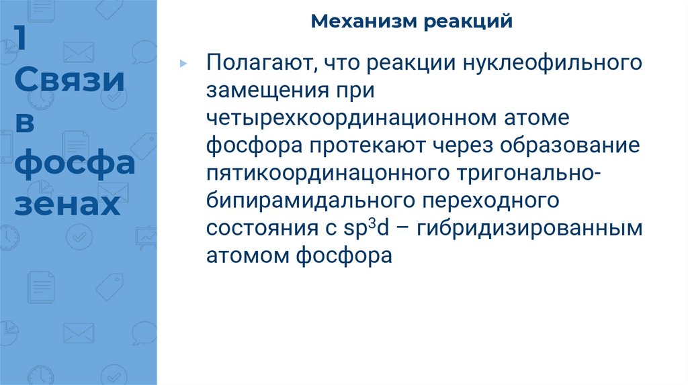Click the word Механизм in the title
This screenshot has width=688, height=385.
(362, 22)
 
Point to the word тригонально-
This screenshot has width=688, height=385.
(530, 173)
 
